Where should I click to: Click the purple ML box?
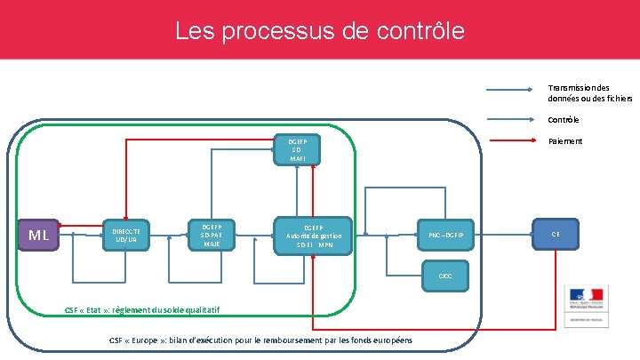(x=38, y=236)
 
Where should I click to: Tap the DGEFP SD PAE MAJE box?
(x=212, y=236)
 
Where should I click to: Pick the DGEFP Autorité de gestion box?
(x=314, y=236)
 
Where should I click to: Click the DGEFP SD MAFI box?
(x=297, y=149)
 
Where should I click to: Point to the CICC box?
(x=445, y=276)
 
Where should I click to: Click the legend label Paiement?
(x=565, y=141)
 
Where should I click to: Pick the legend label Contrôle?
(x=564, y=120)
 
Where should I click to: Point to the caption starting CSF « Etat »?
(x=142, y=309)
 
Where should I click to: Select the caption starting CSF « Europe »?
(x=260, y=340)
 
